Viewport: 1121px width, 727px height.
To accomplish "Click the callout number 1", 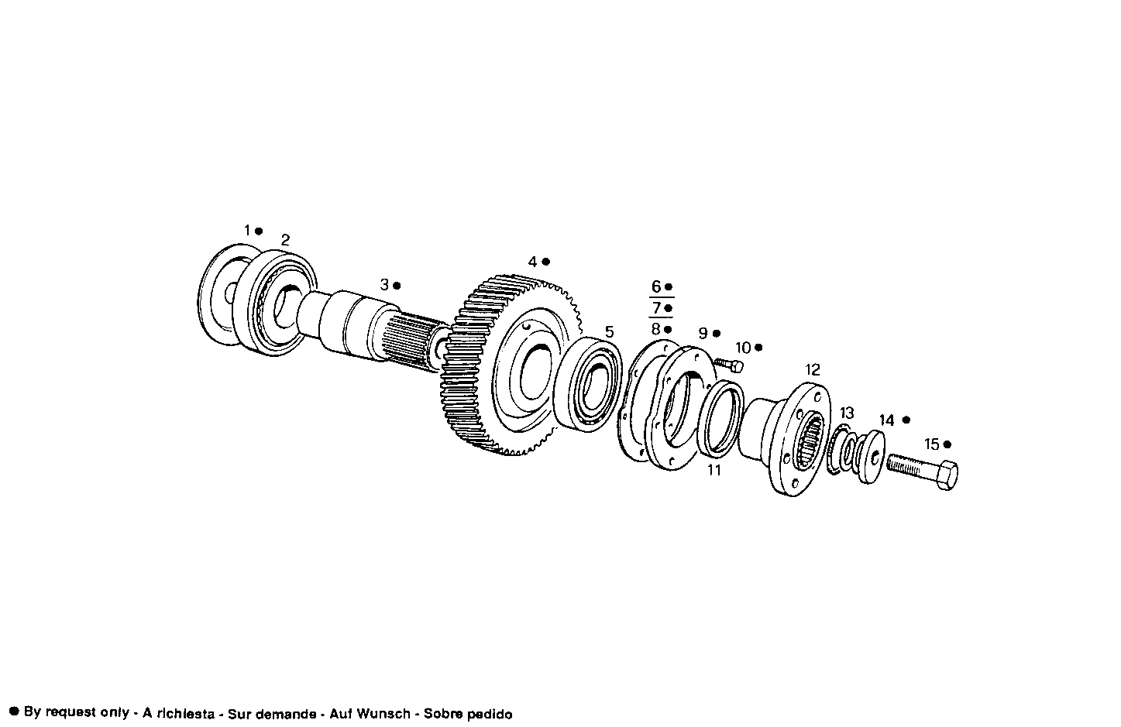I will [x=248, y=231].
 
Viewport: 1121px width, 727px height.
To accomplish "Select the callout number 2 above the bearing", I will [x=285, y=240].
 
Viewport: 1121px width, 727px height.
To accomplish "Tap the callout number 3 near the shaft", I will [x=384, y=285].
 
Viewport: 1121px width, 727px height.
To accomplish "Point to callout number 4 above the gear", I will [x=532, y=262].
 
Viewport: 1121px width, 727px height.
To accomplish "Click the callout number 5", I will [x=610, y=332].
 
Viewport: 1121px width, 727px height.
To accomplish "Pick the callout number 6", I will [x=656, y=286].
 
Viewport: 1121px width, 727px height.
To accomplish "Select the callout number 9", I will [x=703, y=334].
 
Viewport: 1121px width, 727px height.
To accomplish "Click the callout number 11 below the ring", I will [x=714, y=470].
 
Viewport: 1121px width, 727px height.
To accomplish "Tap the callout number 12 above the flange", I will [x=812, y=370].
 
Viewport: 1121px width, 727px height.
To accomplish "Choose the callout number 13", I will [x=847, y=413].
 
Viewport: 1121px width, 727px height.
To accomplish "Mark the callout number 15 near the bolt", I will [x=931, y=444].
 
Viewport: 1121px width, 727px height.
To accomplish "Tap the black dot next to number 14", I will [x=906, y=420].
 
